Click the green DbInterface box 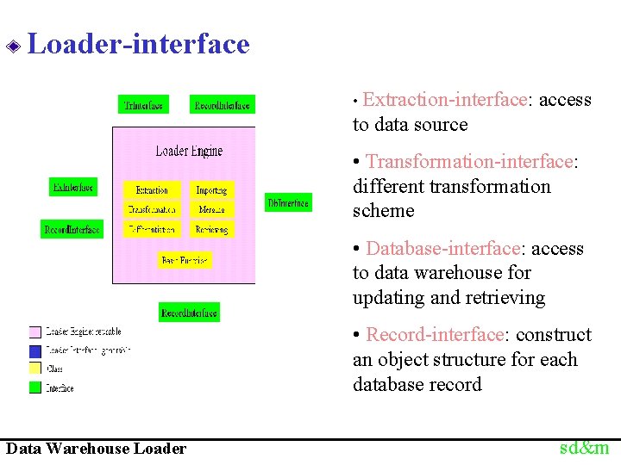point(288,203)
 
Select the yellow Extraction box point(152,189)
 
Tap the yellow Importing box point(211,189)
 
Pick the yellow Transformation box point(152,209)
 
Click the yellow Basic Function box point(185,260)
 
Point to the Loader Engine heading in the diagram point(189,152)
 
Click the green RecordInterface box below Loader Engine point(189,313)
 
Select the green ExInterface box point(73,186)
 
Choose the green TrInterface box point(143,105)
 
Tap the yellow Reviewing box point(211,230)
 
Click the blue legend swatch point(35,350)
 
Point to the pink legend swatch point(35,332)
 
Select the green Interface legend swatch point(35,387)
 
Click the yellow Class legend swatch point(35,369)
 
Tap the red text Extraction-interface point(444,100)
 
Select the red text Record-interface point(435,335)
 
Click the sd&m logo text point(584,447)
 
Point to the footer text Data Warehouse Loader point(96,448)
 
